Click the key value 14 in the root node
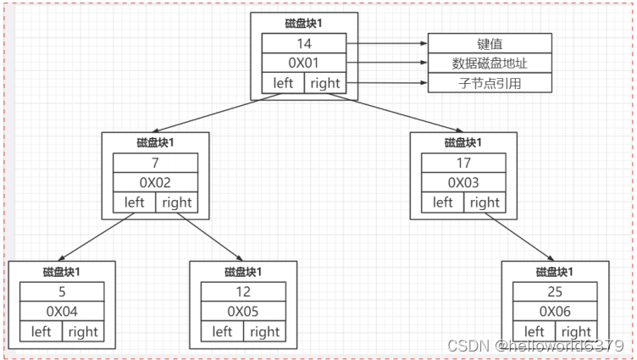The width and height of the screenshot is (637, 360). (304, 43)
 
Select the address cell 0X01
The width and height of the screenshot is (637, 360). (304, 64)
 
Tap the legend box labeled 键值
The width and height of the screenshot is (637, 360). (490, 43)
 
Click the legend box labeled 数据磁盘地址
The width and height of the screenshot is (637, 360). (490, 64)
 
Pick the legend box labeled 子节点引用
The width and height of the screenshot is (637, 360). (490, 83)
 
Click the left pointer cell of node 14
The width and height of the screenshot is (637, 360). (283, 83)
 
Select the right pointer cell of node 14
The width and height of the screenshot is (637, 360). (325, 83)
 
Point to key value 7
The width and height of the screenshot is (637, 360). (156, 163)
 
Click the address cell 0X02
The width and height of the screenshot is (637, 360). (156, 182)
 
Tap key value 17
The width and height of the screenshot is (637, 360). (463, 163)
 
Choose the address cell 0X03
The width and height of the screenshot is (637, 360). (463, 182)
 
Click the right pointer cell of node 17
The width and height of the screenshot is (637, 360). (485, 202)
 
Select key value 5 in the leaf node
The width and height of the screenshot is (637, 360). (62, 291)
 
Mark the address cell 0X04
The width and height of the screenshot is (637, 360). (62, 312)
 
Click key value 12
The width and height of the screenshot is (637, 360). (243, 291)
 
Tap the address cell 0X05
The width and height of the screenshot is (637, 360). (243, 312)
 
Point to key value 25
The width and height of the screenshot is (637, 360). (555, 291)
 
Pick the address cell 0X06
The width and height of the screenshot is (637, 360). (555, 312)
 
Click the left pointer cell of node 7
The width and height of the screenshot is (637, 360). (135, 202)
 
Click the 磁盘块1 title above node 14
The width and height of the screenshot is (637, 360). (304, 24)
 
